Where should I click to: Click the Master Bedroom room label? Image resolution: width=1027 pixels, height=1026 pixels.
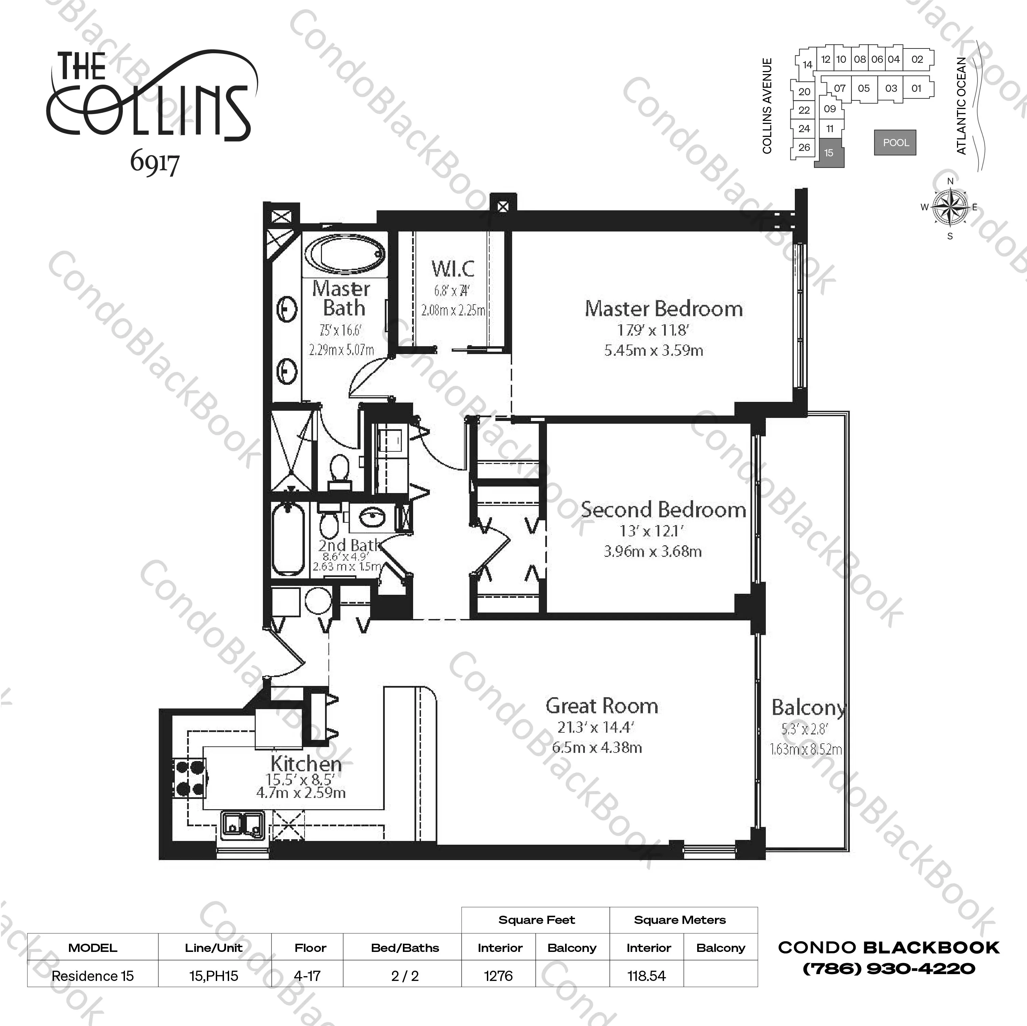click(x=663, y=309)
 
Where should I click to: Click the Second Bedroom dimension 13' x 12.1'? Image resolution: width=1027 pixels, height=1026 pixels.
click(x=651, y=531)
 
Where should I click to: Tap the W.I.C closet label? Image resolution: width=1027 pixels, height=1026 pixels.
click(x=452, y=268)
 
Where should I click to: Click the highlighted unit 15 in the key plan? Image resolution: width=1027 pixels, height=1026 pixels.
click(x=829, y=153)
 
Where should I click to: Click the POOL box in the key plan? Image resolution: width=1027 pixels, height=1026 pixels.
click(x=895, y=142)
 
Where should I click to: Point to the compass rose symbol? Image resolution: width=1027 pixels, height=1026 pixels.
click(x=950, y=207)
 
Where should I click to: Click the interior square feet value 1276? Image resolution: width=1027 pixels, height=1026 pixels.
click(x=498, y=975)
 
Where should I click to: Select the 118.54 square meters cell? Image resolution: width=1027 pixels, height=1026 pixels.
click(x=646, y=975)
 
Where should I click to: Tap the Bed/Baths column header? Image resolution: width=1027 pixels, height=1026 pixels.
click(x=405, y=947)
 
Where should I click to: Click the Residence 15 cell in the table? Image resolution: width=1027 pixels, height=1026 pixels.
click(x=93, y=975)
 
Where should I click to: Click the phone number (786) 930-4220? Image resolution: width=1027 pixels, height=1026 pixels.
click(x=888, y=969)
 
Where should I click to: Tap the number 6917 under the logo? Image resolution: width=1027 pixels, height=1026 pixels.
click(x=154, y=163)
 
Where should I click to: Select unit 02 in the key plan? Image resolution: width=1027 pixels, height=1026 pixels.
click(x=917, y=59)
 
